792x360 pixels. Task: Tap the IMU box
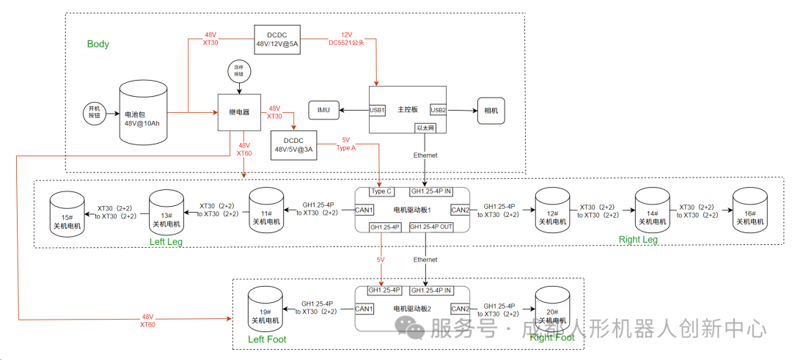click(323, 110)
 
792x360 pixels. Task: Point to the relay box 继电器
click(240, 113)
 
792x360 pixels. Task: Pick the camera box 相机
click(491, 111)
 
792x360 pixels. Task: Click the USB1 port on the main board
click(378, 110)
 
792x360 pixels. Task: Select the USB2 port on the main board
click(438, 110)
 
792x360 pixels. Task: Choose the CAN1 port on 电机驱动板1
click(364, 210)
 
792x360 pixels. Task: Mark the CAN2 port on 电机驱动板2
click(461, 309)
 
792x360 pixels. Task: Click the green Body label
click(98, 44)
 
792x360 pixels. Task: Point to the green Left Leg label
click(166, 240)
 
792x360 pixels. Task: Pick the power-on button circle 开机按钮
click(94, 111)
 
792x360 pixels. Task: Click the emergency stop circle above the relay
click(238, 72)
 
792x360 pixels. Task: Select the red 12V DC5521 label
click(346, 39)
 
